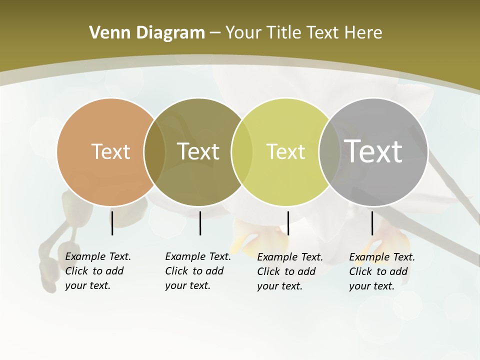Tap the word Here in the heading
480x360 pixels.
[363, 33]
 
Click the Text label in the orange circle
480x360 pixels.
[111, 151]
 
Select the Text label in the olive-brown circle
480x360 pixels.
[198, 151]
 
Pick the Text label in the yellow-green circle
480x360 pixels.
[285, 151]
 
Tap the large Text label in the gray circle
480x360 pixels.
[373, 151]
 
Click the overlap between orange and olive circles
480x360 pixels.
[154, 152]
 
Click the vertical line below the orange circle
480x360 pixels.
[112, 223]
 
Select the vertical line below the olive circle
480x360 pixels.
[200, 223]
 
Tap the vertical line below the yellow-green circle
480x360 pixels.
[288, 223]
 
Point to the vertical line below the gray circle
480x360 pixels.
[372, 223]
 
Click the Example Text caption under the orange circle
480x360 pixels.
[97, 271]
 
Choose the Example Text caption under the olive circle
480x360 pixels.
[197, 271]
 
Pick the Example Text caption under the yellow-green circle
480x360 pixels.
[289, 271]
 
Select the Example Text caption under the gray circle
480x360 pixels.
[381, 271]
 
